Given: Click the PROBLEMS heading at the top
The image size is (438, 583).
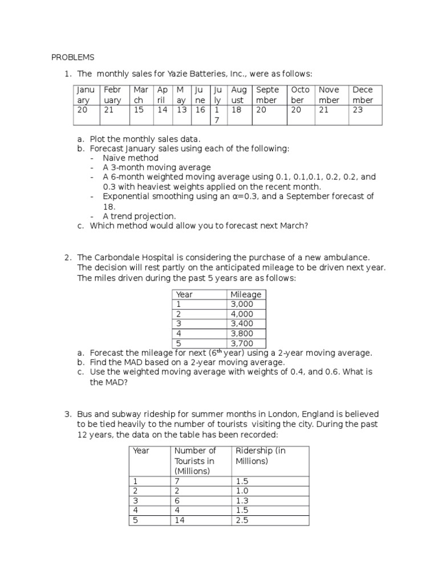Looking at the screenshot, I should [73, 58].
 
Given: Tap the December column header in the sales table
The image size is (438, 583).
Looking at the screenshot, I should [363, 95].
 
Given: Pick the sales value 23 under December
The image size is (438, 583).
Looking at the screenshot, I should [358, 110].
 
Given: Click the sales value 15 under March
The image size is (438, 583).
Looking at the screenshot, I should [138, 110].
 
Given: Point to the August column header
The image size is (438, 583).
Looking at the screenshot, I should [239, 95].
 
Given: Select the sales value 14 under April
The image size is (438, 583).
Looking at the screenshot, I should [163, 110].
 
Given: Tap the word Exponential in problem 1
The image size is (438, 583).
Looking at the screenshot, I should [127, 196].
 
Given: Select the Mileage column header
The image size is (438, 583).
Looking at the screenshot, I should [246, 294].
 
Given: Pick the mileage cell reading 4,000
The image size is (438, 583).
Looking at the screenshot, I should [241, 314].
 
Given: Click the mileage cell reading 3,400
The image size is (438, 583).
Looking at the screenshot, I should [241, 323].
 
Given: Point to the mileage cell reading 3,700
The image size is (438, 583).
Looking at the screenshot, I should [241, 343].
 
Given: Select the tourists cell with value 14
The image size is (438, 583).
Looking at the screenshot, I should [180, 520].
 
